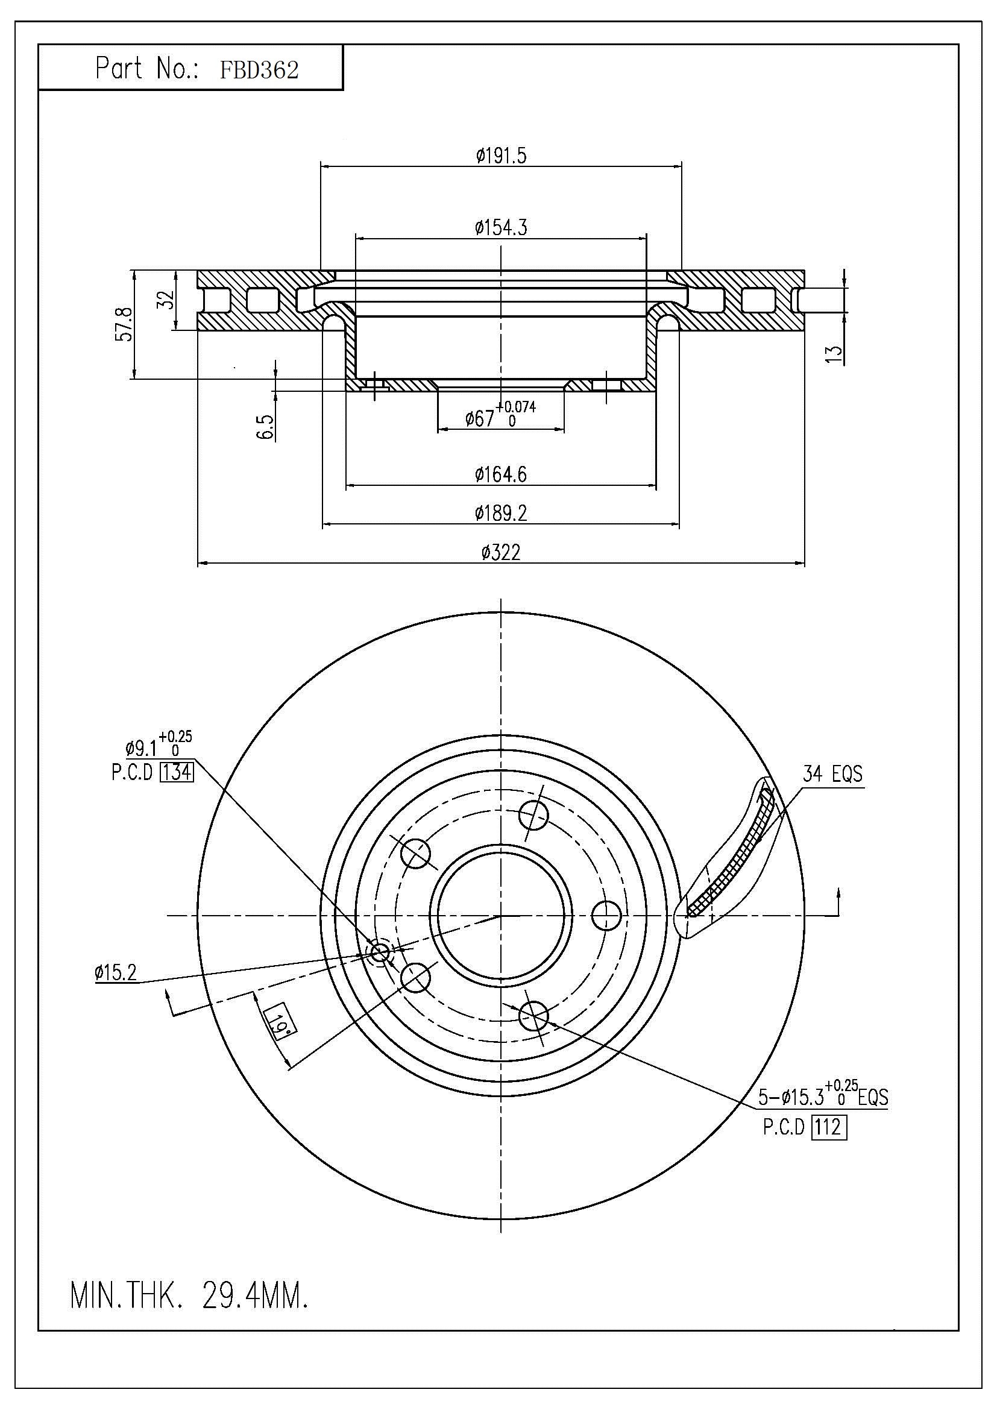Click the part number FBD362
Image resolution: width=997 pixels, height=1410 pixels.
pos(259,70)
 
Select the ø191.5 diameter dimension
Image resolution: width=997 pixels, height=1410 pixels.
pos(501,156)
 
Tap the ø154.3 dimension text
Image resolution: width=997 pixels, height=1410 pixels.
pos(501,228)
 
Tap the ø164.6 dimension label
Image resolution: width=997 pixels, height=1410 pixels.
pos(501,474)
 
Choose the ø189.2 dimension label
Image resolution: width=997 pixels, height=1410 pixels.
pos(501,513)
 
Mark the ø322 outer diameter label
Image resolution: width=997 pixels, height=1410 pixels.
pos(501,553)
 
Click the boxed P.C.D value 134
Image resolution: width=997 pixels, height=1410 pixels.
pos(176,772)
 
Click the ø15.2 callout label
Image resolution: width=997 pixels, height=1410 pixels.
pos(115,972)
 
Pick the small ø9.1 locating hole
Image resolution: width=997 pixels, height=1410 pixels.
pos(380,952)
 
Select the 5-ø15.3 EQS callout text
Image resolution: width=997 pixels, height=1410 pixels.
pos(823,1097)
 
